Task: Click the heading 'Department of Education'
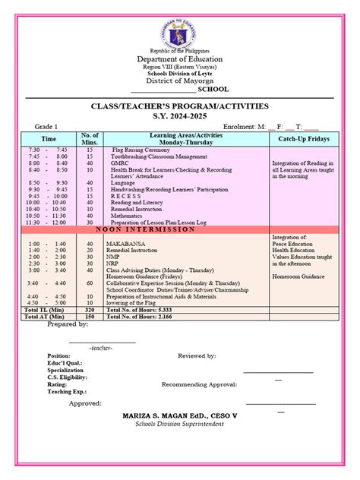(x=180, y=59)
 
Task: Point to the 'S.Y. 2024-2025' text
(x=180, y=118)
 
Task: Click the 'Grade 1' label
(x=46, y=127)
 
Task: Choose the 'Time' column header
(x=49, y=139)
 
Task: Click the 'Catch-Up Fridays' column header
(x=304, y=139)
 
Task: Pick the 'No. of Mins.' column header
(x=90, y=139)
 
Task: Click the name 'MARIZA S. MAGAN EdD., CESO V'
(x=180, y=416)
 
